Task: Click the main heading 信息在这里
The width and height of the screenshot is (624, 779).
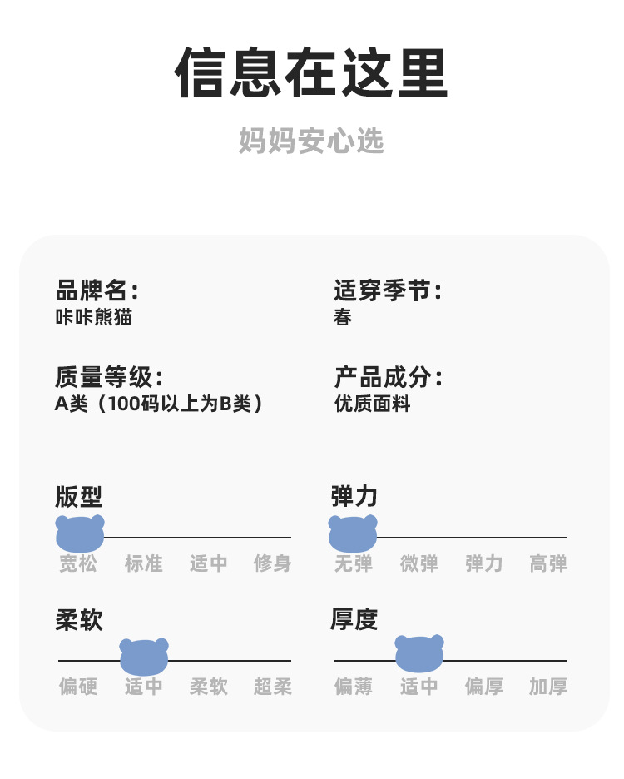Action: [x=311, y=72]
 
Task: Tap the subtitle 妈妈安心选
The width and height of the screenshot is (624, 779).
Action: [x=311, y=141]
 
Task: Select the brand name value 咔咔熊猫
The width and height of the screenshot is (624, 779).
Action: [x=93, y=317]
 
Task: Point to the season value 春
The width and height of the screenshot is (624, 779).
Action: [x=343, y=317]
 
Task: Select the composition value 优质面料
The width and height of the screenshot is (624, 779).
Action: [x=372, y=404]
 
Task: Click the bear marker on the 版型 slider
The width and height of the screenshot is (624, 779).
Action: [x=80, y=533]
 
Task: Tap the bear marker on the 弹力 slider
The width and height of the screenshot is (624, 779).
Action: [x=353, y=533]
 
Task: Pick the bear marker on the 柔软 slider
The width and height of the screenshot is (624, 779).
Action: [x=144, y=657]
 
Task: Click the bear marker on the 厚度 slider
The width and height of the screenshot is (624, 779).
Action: [x=419, y=653]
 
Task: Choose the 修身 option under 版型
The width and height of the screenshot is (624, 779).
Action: [x=273, y=563]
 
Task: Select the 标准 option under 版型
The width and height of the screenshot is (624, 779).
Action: [x=144, y=563]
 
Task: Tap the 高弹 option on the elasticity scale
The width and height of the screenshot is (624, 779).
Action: [x=548, y=563]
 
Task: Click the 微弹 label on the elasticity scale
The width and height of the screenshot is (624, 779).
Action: [x=419, y=563]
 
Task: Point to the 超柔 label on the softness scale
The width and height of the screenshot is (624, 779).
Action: [x=273, y=687]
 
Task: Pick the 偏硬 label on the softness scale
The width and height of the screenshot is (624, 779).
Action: [x=78, y=687]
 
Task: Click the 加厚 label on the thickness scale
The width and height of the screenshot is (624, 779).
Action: [x=548, y=687]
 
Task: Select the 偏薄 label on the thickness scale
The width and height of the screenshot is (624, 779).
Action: [x=354, y=687]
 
